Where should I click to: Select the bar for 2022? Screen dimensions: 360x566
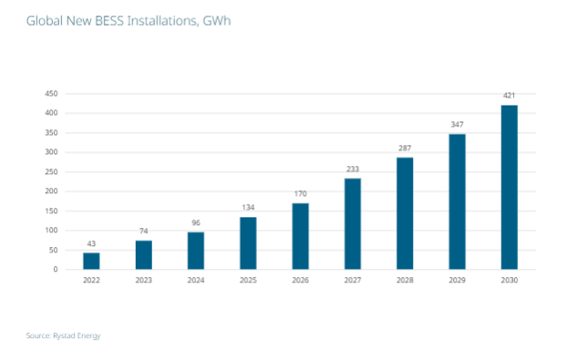(x=91, y=261)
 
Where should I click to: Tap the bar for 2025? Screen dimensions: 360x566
(x=248, y=243)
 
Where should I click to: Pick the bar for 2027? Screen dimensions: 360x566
(x=352, y=224)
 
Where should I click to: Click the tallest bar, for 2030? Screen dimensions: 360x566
(x=509, y=188)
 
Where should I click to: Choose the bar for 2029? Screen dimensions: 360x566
(x=457, y=201)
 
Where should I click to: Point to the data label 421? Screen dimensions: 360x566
(x=509, y=96)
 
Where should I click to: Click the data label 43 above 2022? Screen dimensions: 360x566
(x=91, y=243)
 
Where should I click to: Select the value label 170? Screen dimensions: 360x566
(x=300, y=193)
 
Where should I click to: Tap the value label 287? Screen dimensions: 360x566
(x=405, y=148)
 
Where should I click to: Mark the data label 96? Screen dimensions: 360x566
(x=196, y=222)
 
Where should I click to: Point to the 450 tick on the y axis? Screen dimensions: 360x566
(x=52, y=94)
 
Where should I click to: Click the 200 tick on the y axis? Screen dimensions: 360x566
(x=52, y=191)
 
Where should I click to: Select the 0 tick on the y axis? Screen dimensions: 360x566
(x=57, y=270)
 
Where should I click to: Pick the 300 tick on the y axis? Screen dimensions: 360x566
(x=52, y=152)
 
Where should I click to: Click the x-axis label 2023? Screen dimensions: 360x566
(x=144, y=280)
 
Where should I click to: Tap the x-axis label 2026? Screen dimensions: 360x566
(x=300, y=280)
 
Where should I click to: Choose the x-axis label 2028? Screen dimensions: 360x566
(x=405, y=280)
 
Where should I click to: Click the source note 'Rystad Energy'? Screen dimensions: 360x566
(x=63, y=336)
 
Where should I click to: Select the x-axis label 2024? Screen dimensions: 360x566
(x=196, y=280)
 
